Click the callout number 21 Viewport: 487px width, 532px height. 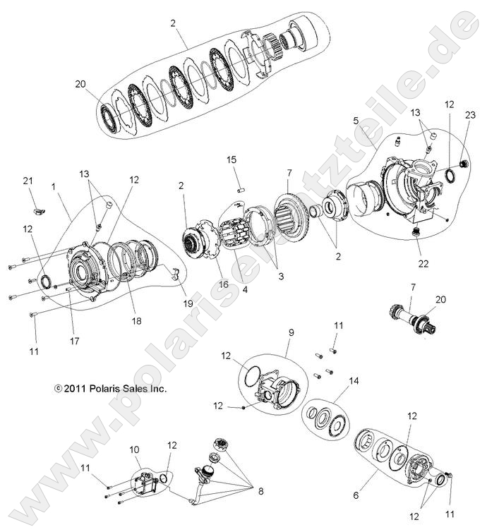coord(28,182)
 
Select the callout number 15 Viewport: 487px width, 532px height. coord(232,161)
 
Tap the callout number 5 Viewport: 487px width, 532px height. coord(357,121)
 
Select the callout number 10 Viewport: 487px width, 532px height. coord(135,449)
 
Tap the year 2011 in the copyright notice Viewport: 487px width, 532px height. coord(75,388)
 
